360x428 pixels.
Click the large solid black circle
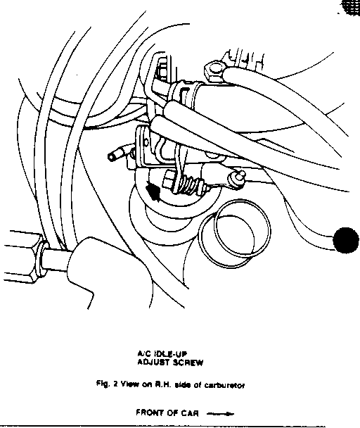point(346,240)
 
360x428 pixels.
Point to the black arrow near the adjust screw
point(153,191)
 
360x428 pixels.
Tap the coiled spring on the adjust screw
point(188,186)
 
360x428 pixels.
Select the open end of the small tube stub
point(112,157)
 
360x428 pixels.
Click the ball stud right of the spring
point(236,178)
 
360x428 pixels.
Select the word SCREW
point(188,363)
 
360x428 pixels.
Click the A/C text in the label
point(143,354)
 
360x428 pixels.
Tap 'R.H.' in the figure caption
point(163,385)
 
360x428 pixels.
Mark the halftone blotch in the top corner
point(351,7)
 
